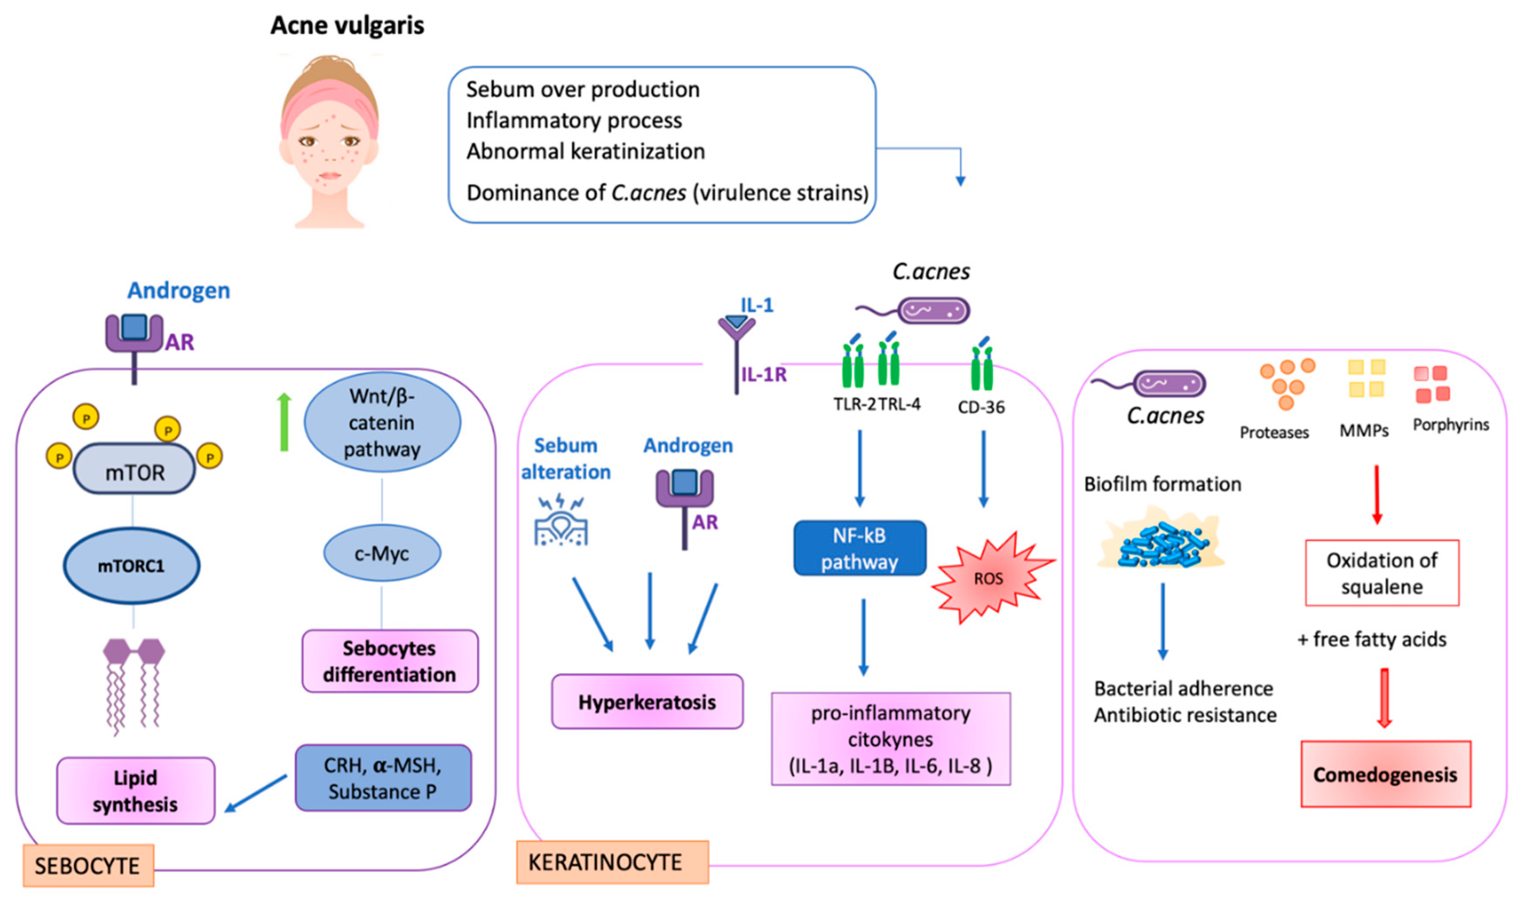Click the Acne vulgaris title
[347, 26]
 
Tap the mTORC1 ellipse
[131, 566]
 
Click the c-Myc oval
[382, 553]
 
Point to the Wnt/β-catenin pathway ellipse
[382, 422]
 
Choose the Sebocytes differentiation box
[390, 661]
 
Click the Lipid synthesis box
[136, 791]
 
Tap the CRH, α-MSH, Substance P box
[383, 778]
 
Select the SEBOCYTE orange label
[88, 866]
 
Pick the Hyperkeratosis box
[647, 702]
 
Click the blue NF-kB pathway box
[859, 548]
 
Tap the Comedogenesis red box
[1386, 774]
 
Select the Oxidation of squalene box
[1382, 573]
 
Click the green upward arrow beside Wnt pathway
[284, 422]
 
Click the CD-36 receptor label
[981, 407]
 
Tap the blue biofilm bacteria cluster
[1162, 544]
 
